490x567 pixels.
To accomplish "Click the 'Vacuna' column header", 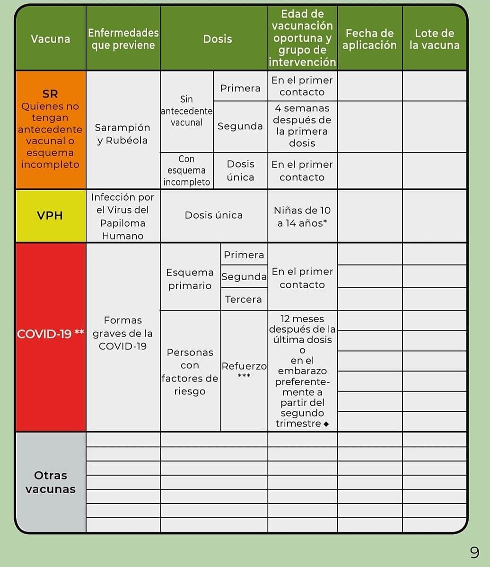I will tap(51, 39).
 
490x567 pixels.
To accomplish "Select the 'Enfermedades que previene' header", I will tap(123, 39).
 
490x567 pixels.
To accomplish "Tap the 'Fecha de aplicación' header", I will tap(369, 39).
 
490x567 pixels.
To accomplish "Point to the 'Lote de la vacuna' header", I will tap(434, 39).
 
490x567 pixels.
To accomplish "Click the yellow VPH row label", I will tap(50, 215).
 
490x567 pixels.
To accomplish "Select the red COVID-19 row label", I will tap(50, 334).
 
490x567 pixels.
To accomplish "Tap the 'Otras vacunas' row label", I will tap(50, 482).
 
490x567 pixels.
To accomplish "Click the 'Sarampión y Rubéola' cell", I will tap(122, 134).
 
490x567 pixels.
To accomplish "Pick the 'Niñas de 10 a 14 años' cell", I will tap(302, 216).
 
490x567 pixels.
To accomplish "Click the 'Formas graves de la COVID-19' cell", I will tap(122, 333).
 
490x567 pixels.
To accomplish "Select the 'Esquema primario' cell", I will tap(190, 279).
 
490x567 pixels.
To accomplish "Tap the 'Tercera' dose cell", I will tap(243, 299).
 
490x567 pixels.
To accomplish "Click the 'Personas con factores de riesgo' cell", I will tap(190, 372).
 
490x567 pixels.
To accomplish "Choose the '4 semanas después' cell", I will tap(302, 126).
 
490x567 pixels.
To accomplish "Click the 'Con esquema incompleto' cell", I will tap(186, 170).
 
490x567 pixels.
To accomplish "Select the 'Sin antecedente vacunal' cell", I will tap(186, 111).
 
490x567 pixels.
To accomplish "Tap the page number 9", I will tap(474, 552).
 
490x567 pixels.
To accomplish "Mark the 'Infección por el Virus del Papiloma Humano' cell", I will tap(122, 216).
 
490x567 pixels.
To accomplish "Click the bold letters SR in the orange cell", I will tap(50, 94).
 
